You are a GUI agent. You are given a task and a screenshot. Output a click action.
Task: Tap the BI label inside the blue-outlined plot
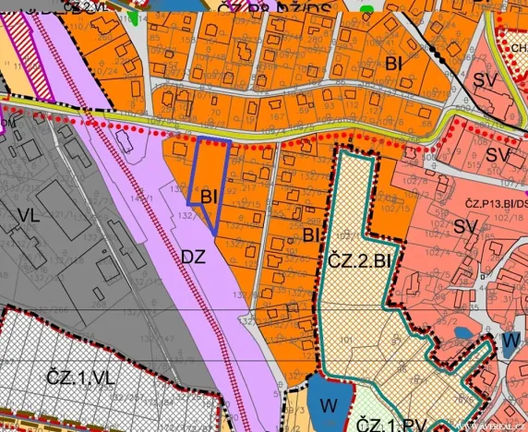point(207,195)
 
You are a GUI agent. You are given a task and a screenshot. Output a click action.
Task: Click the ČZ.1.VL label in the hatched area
point(78,378)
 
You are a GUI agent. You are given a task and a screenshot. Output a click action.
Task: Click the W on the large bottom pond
point(327,404)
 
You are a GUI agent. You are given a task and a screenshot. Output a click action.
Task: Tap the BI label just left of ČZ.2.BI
point(309,236)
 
